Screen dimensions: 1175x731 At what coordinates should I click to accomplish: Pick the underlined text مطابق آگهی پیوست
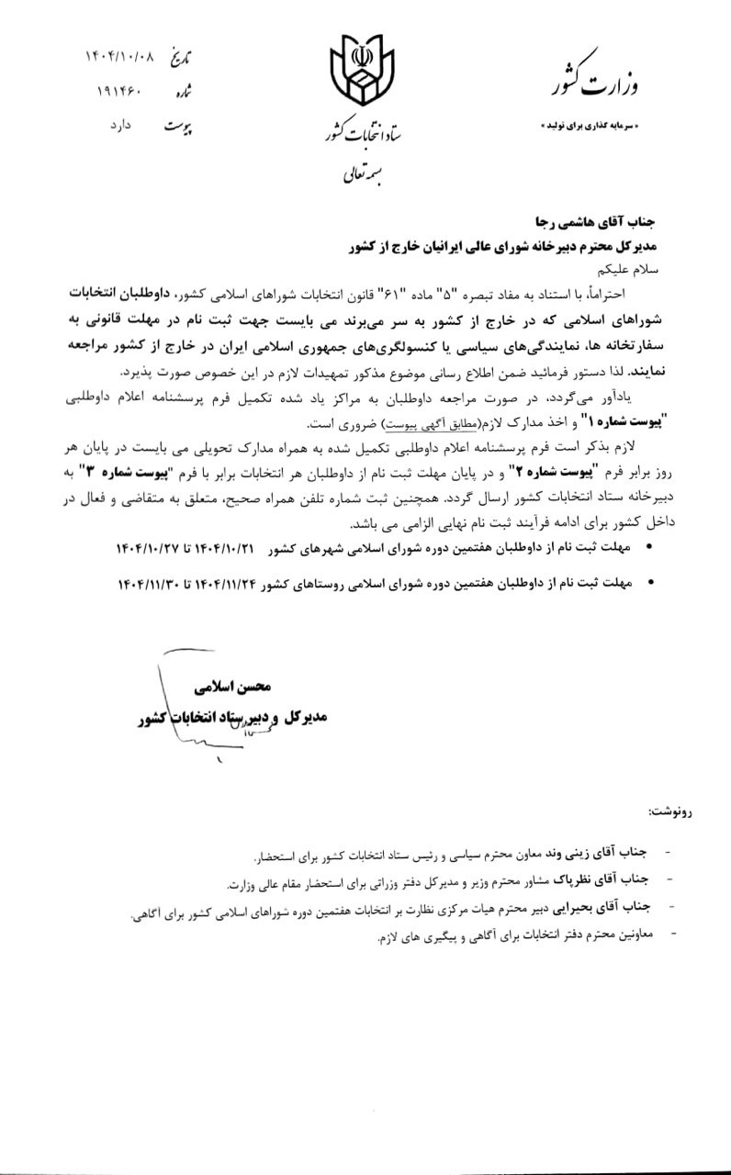pyautogui.click(x=426, y=427)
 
